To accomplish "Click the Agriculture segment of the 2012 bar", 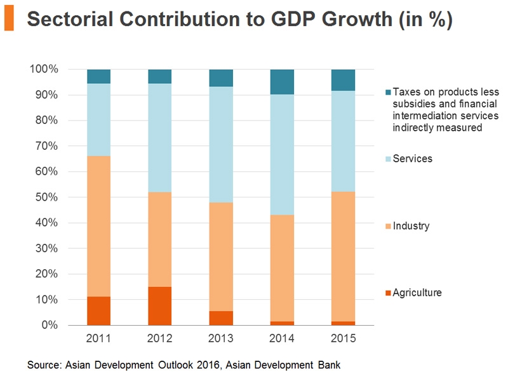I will coord(159,305).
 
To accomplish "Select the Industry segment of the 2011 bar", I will coord(98,226).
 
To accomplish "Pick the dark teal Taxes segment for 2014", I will coord(282,82).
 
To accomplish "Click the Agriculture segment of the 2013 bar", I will coord(221,317).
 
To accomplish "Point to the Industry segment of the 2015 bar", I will coord(343,256).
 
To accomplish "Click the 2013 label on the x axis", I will coord(221,338).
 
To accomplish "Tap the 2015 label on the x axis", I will coord(343,338).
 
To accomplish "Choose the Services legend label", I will coord(412,159).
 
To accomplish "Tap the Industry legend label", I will coord(411,226).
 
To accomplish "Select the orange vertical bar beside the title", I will coord(8,20).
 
